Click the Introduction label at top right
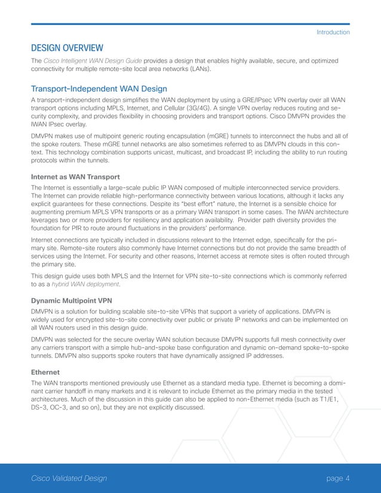333,32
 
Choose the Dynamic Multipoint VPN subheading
70,301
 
